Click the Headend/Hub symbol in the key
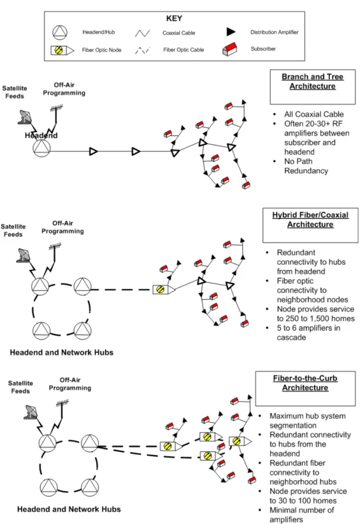60,33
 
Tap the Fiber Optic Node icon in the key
62,50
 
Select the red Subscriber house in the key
230,49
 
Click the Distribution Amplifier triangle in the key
231,32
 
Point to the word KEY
174,19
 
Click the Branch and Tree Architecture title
313,81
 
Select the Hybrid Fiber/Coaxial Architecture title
310,219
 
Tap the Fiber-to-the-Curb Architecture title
305,383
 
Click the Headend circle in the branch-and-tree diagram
42,148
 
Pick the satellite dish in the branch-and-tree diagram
25,117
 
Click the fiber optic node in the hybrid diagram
164,289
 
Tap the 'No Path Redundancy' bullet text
306,166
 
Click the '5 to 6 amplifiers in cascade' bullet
308,333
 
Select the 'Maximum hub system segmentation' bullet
308,421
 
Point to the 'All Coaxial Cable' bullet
314,114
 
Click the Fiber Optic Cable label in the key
184,50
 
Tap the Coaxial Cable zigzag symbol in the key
142,33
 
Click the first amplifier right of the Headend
93,151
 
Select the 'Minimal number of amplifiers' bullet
301,515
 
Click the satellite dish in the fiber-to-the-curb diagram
32,412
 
